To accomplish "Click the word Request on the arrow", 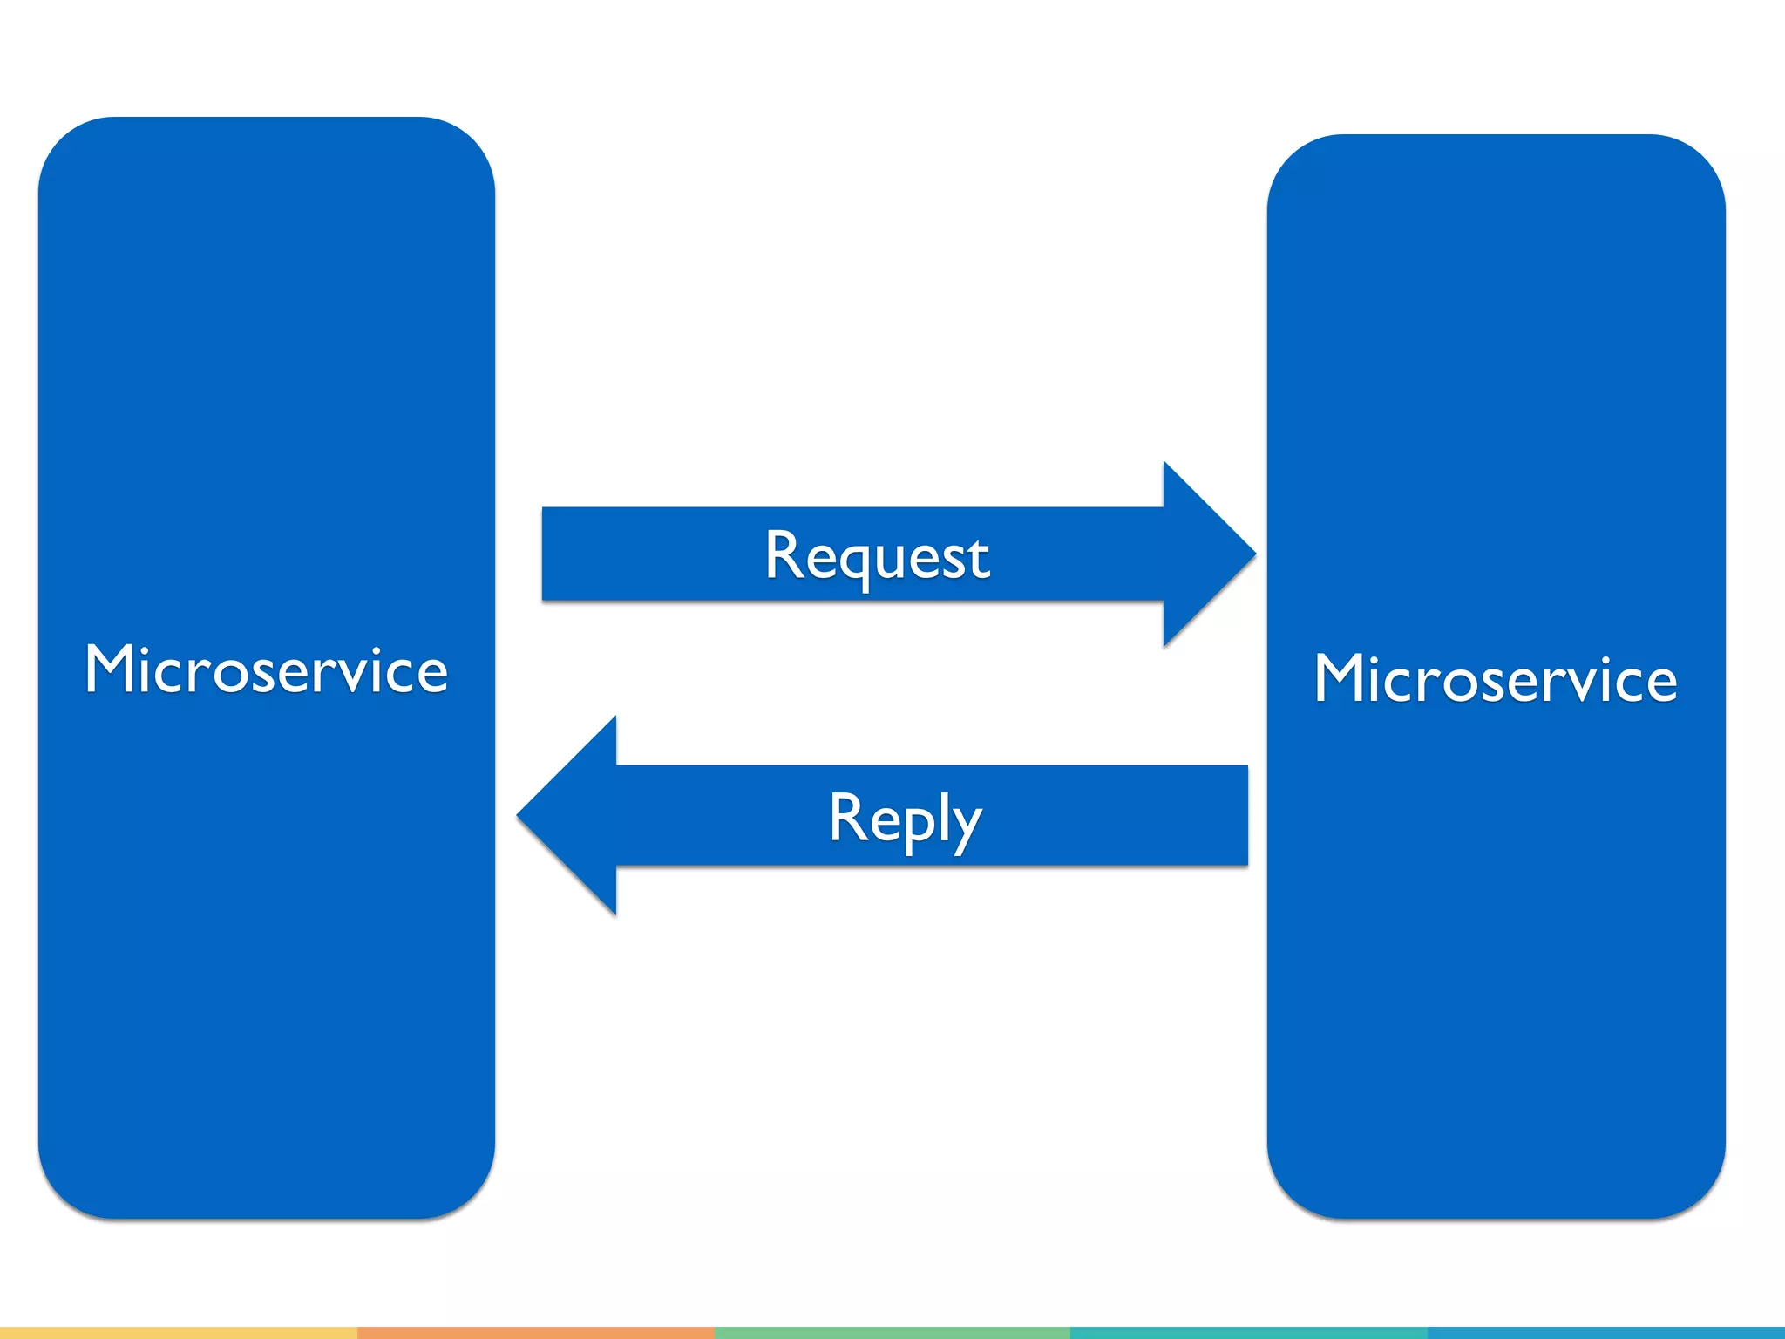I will (877, 555).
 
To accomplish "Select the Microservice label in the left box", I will (266, 669).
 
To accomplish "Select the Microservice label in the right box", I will (1495, 678).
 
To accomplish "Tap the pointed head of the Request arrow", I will (1220, 554).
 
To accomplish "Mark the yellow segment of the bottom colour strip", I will (178, 1333).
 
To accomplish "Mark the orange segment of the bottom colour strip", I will (535, 1333).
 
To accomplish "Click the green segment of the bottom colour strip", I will (892, 1333).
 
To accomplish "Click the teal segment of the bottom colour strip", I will (1248, 1333).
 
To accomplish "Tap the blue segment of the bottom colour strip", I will (1605, 1333).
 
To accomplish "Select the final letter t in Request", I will (981, 558).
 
